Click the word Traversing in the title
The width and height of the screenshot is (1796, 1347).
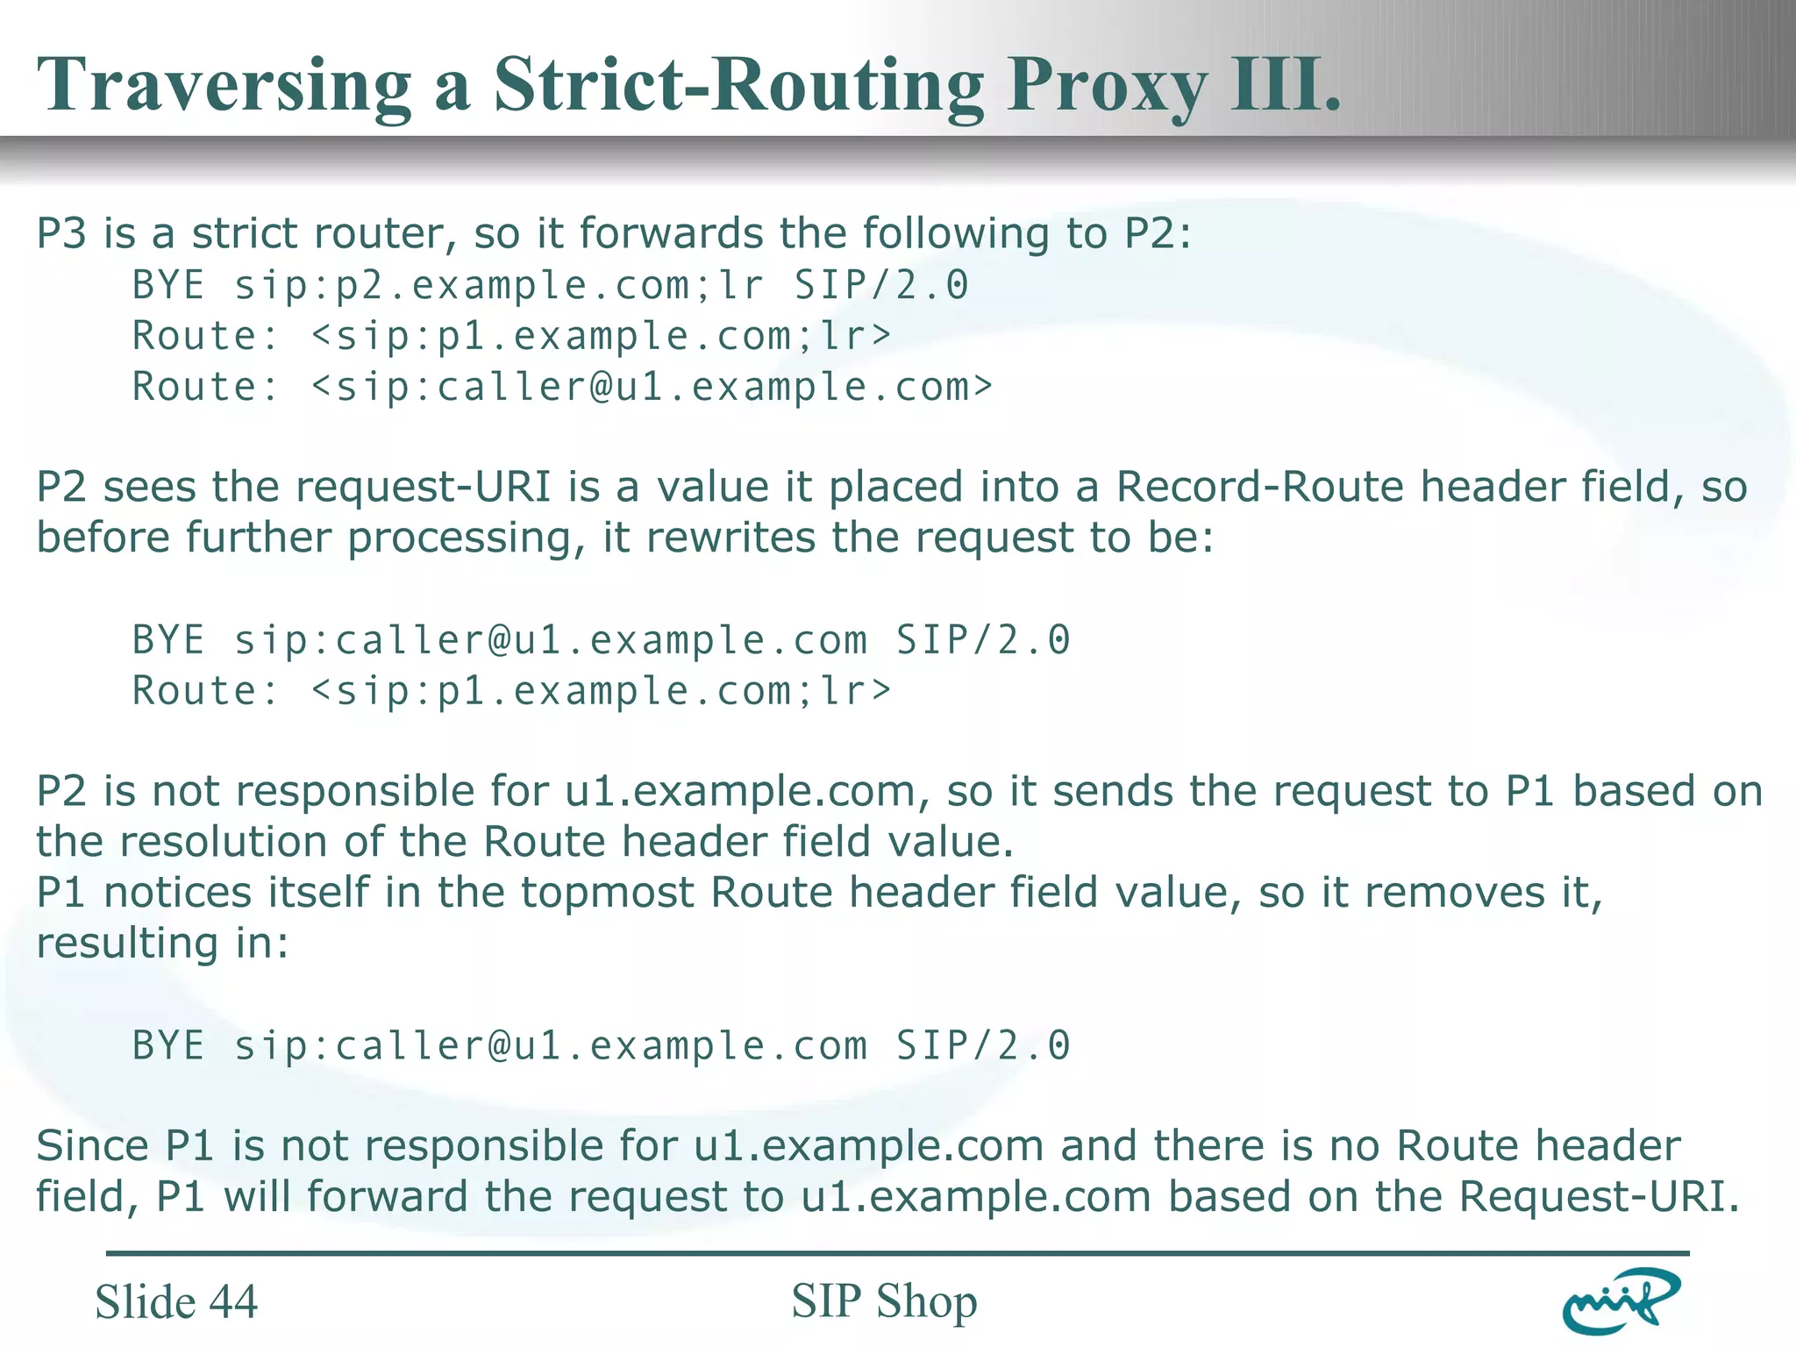pos(224,85)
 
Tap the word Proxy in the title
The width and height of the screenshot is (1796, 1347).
pos(1107,85)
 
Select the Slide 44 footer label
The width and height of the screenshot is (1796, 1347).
pos(176,1301)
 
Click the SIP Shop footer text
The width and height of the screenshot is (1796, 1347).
pos(884,1301)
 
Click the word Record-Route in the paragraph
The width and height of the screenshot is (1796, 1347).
pos(1259,487)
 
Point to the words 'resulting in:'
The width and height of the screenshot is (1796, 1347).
pos(162,944)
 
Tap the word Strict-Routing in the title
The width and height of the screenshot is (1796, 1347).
pos(738,85)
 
